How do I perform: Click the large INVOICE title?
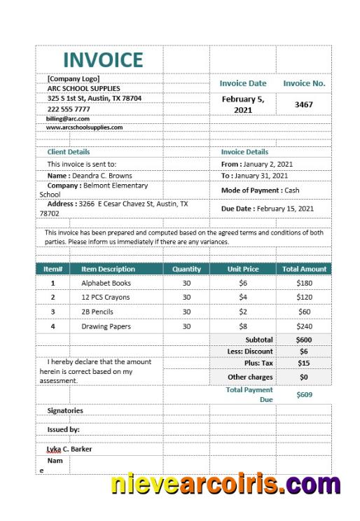click(103, 60)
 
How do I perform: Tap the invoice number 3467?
click(303, 104)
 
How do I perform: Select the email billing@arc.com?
click(68, 118)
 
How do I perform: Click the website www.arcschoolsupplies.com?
click(84, 127)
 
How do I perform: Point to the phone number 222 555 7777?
click(69, 109)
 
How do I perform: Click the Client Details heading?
click(69, 151)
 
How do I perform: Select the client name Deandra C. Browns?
click(90, 176)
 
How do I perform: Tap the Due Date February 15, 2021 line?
click(268, 209)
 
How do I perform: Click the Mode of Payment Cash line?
click(260, 190)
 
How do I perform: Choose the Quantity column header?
click(186, 269)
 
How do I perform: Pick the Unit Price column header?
click(243, 269)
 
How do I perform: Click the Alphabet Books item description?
click(106, 283)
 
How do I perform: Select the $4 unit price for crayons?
click(243, 297)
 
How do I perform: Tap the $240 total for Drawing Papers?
click(304, 326)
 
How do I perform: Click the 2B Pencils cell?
click(97, 312)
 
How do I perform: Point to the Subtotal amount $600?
click(304, 340)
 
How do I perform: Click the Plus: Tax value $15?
click(304, 363)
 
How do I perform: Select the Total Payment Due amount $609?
click(304, 394)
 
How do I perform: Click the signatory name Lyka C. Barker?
click(69, 449)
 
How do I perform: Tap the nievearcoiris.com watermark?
click(225, 485)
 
